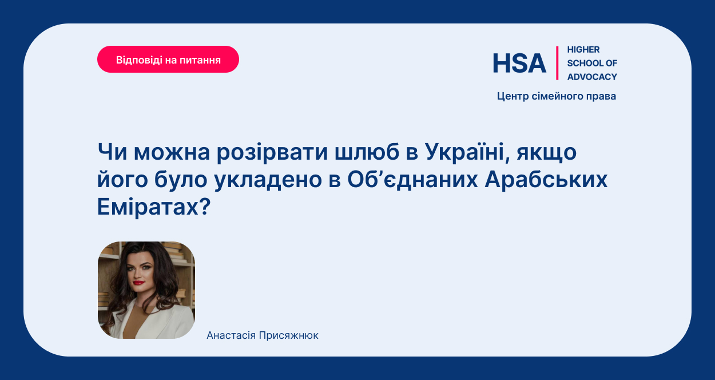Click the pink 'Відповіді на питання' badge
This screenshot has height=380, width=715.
point(168,60)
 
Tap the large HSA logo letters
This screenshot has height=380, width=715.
point(519,63)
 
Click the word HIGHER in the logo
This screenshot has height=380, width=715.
point(583,50)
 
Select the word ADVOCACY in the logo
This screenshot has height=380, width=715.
point(592,77)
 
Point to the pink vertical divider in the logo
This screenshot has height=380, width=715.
point(557,63)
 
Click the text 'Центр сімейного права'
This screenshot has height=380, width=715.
point(557,96)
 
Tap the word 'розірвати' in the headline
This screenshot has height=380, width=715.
point(272,152)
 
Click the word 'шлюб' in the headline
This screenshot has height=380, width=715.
point(367,152)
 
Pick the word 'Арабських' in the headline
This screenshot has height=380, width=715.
point(546,179)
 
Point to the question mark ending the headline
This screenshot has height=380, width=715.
point(205,206)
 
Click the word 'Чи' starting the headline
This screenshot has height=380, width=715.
point(112,152)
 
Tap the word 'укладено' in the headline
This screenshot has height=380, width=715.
point(268,180)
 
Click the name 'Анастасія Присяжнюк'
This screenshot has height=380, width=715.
point(263,335)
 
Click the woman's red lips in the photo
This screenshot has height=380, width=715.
point(138,283)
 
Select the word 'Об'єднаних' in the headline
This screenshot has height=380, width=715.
point(412,179)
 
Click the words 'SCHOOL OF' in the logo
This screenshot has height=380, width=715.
point(592,63)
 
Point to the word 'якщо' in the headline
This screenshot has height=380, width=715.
point(547,153)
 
